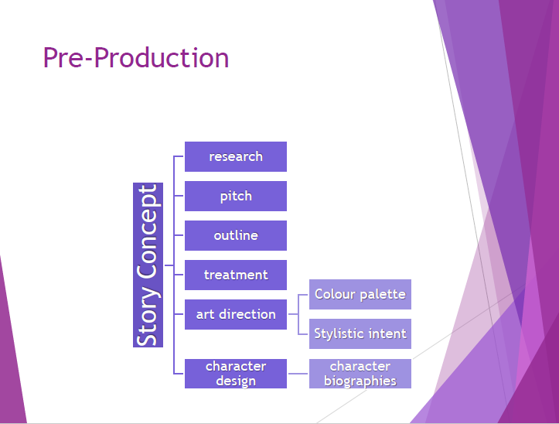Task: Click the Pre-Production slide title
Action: [x=136, y=58]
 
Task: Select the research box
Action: [x=236, y=157]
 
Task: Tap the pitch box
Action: [x=236, y=196]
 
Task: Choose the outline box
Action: [x=236, y=235]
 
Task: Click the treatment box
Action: [x=236, y=275]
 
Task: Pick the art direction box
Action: [x=236, y=314]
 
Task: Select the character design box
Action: [x=236, y=374]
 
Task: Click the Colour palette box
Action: [x=360, y=295]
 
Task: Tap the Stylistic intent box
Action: [x=360, y=333]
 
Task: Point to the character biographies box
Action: [x=360, y=374]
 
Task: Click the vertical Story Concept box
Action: [x=148, y=265]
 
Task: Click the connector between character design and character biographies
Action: [x=298, y=374]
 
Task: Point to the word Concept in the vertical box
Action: [x=148, y=231]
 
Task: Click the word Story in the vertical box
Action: [x=148, y=316]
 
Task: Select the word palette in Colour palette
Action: [x=383, y=295]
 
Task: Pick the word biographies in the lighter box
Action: [x=360, y=381]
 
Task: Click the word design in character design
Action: [x=236, y=381]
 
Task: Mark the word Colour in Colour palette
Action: [x=335, y=294]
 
